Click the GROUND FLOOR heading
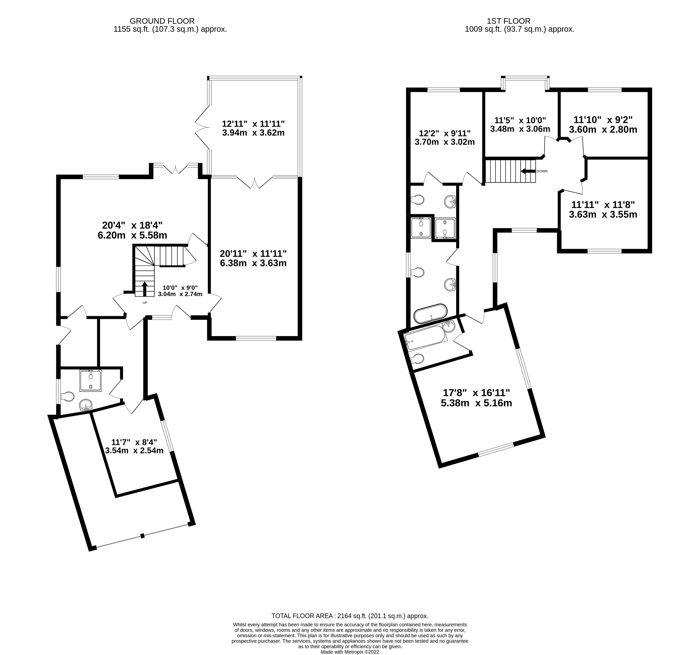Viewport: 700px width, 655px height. (162, 21)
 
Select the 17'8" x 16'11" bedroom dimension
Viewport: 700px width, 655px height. (476, 393)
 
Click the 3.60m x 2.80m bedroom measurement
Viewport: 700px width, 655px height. (603, 130)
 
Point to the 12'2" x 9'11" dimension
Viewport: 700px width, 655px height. (445, 134)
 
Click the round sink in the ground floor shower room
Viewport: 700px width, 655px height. (86, 405)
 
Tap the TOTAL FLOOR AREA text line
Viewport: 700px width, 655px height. (350, 616)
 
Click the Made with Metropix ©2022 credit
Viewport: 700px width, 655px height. (350, 652)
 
